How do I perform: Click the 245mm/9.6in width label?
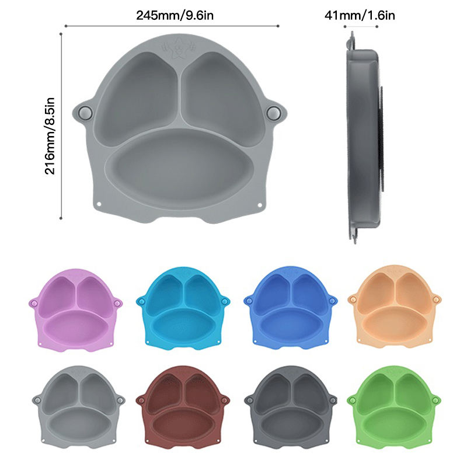coord(175,15)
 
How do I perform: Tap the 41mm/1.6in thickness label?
coord(360,15)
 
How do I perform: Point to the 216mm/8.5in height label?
coord(50,136)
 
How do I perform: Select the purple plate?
coord(76,310)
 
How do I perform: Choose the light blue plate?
coord(183,308)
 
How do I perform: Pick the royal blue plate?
coord(290,308)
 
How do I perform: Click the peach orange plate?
coord(395,307)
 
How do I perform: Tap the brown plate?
coord(183,407)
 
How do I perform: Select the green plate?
coord(394,407)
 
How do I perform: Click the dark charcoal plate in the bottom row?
coord(290,407)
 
